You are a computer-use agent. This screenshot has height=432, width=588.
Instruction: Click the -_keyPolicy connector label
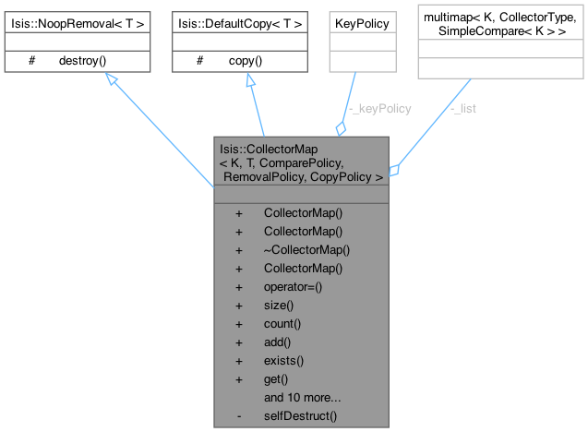pyautogui.click(x=380, y=108)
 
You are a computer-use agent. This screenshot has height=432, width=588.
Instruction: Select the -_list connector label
pyautogui.click(x=463, y=108)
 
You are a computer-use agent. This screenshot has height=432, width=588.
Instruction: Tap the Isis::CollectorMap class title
pyautogui.click(x=302, y=161)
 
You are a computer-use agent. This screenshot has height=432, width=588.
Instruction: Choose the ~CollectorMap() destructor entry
pyautogui.click(x=306, y=249)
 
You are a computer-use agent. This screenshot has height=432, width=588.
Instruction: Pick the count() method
pyautogui.click(x=282, y=323)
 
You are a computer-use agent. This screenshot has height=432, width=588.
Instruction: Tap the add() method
pyautogui.click(x=278, y=342)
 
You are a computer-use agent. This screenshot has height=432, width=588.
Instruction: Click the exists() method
pyautogui.click(x=283, y=360)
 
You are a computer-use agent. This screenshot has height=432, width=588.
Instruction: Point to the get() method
pyautogui.click(x=276, y=378)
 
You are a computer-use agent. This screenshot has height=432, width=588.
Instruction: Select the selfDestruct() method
pyautogui.click(x=300, y=415)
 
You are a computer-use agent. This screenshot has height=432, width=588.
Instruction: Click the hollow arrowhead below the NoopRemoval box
pyautogui.click(x=110, y=80)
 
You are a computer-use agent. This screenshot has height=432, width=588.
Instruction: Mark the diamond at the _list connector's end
pyautogui.click(x=393, y=170)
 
